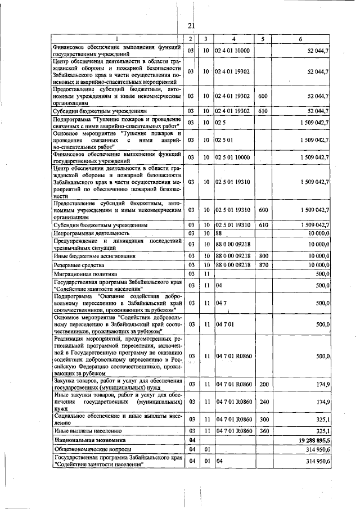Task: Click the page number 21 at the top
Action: coord(191,25)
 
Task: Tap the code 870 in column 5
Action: coord(263,264)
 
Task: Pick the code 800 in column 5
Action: coord(263,255)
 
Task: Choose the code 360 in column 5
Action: coord(263,430)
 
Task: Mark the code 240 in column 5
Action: coord(263,403)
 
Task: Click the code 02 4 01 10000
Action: coord(232,51)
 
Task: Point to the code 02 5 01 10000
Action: coord(232,157)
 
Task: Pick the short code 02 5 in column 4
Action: coord(220,123)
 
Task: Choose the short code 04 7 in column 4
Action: coord(220,303)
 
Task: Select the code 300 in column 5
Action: coord(263,419)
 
